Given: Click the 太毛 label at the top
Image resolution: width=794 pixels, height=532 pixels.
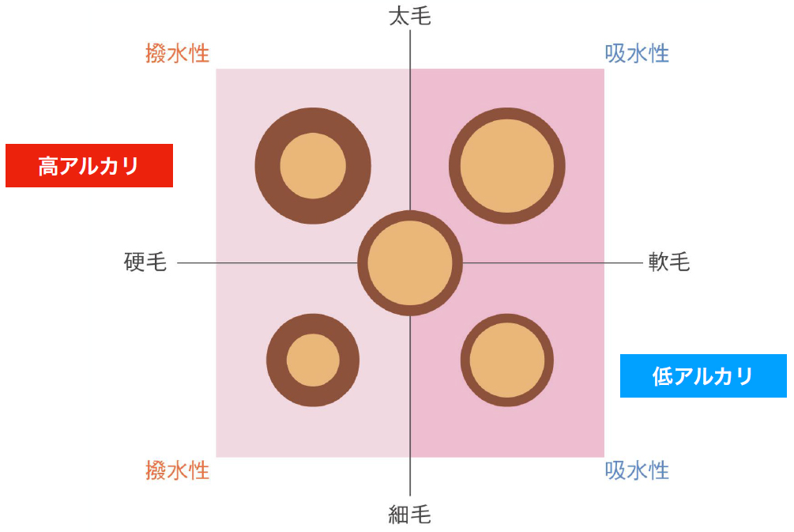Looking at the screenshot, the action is click(410, 17).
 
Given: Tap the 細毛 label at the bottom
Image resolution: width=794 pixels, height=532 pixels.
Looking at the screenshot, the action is click(410, 515).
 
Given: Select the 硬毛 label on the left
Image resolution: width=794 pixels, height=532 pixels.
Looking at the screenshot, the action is click(145, 262).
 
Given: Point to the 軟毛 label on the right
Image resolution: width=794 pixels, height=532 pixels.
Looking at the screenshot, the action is click(669, 262).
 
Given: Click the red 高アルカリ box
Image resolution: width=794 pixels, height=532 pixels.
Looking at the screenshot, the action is click(89, 166).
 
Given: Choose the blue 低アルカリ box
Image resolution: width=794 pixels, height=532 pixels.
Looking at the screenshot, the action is click(703, 375).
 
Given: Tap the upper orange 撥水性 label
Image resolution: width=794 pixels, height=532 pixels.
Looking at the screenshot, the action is click(177, 53).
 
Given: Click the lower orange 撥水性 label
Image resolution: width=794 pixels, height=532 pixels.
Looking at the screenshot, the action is click(177, 470).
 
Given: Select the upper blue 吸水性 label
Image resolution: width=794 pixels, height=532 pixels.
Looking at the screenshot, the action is click(637, 53).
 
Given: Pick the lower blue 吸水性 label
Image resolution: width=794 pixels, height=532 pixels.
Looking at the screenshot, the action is click(637, 470).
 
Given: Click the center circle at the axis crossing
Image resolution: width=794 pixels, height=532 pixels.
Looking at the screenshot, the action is click(410, 263).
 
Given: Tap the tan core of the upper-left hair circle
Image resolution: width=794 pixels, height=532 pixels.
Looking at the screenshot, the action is click(313, 166).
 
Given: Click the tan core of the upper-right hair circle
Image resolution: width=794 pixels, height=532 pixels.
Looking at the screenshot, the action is click(507, 166).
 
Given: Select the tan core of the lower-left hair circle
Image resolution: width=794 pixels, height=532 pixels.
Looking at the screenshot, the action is click(313, 360).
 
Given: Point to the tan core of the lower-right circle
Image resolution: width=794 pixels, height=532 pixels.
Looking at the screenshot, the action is click(507, 360).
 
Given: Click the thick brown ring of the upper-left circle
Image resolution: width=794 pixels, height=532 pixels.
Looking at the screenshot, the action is click(267, 166).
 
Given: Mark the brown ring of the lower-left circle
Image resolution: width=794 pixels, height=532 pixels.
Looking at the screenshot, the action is click(277, 360).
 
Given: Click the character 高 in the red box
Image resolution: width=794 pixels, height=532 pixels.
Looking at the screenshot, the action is click(49, 166).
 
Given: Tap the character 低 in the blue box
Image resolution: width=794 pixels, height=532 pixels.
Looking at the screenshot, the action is click(662, 376).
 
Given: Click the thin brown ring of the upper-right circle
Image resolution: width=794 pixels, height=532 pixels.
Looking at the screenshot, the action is click(455, 166).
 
